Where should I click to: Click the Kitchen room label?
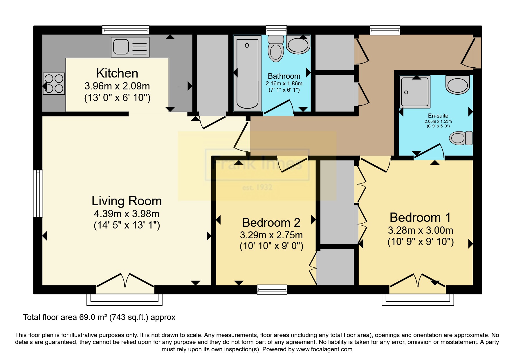[x=117, y=73]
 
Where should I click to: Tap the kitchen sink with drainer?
[x=130, y=47]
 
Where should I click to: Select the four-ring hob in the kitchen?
[x=54, y=84]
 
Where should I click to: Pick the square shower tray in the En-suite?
[x=414, y=92]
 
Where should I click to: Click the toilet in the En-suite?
[x=461, y=138]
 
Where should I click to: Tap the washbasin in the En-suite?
[x=458, y=85]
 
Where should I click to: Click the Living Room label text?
[x=127, y=201]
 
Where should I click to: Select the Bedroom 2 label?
[x=271, y=223]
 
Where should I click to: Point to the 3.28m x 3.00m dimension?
[x=421, y=231]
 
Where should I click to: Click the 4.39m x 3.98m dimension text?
[x=127, y=214]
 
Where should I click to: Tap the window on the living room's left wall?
[x=38, y=193]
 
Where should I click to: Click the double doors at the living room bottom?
[x=125, y=281]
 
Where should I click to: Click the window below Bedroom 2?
[x=272, y=289]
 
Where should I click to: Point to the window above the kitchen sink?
[x=126, y=30]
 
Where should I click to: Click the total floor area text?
[x=99, y=317]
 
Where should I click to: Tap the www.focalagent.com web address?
[x=324, y=349]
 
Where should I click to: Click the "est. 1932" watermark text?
[x=257, y=187]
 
